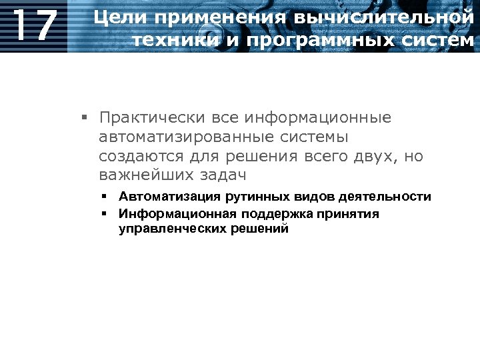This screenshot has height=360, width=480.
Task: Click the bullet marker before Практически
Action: (x=85, y=119)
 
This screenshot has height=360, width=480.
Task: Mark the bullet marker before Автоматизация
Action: (x=105, y=197)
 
